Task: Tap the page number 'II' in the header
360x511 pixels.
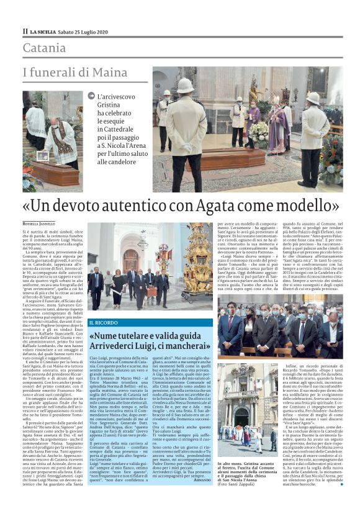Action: (x=25, y=32)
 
